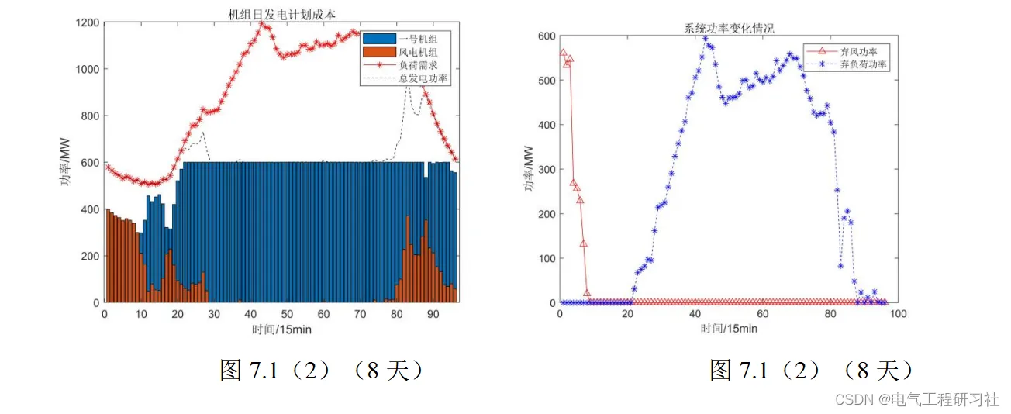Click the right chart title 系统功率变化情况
729,29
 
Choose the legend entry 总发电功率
423,78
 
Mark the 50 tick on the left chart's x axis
287,314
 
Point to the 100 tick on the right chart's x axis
898,314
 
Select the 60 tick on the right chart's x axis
763,314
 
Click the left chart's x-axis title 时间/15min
281,329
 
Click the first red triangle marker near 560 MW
563,53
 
